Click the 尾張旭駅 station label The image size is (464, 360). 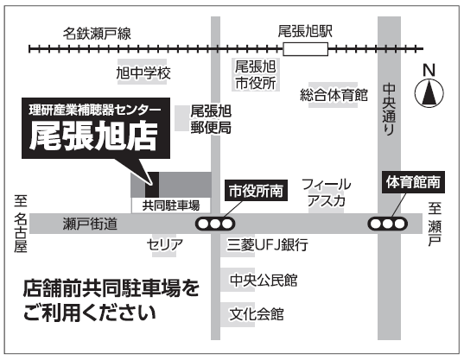click(305, 31)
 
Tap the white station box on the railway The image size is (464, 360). click(305, 49)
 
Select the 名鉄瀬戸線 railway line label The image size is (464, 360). click(97, 34)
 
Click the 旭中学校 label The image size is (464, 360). click(143, 73)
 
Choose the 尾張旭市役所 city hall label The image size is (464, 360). click(256, 75)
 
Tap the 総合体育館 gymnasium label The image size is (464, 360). click(334, 95)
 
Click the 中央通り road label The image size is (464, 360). click(389, 110)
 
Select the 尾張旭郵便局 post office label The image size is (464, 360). click(211, 119)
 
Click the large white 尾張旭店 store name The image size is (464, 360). click(93, 136)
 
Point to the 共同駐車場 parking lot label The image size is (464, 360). click(171, 205)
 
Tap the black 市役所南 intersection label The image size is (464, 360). click(257, 191)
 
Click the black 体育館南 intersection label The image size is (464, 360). click(413, 182)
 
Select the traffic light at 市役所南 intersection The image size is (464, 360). click(215, 224)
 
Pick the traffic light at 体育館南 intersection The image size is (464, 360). click(388, 224)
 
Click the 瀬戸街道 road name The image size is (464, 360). click(90, 224)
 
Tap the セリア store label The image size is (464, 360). click(165, 244)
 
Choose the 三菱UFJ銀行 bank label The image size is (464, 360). click(268, 244)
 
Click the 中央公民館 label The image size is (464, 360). click(264, 280)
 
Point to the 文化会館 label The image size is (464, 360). click(257, 314)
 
